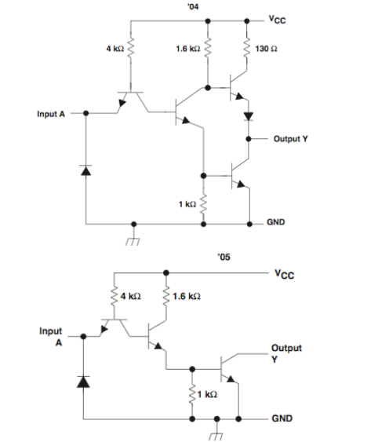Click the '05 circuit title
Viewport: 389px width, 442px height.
[x=224, y=257]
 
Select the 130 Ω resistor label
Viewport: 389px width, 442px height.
[x=264, y=49]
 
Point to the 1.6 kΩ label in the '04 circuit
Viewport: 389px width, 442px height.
[x=187, y=49]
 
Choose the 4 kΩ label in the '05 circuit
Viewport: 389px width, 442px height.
[x=130, y=298]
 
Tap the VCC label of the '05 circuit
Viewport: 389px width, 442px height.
[x=285, y=274]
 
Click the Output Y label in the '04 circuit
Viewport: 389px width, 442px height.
[x=290, y=138]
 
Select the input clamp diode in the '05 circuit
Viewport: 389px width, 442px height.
[x=82, y=382]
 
